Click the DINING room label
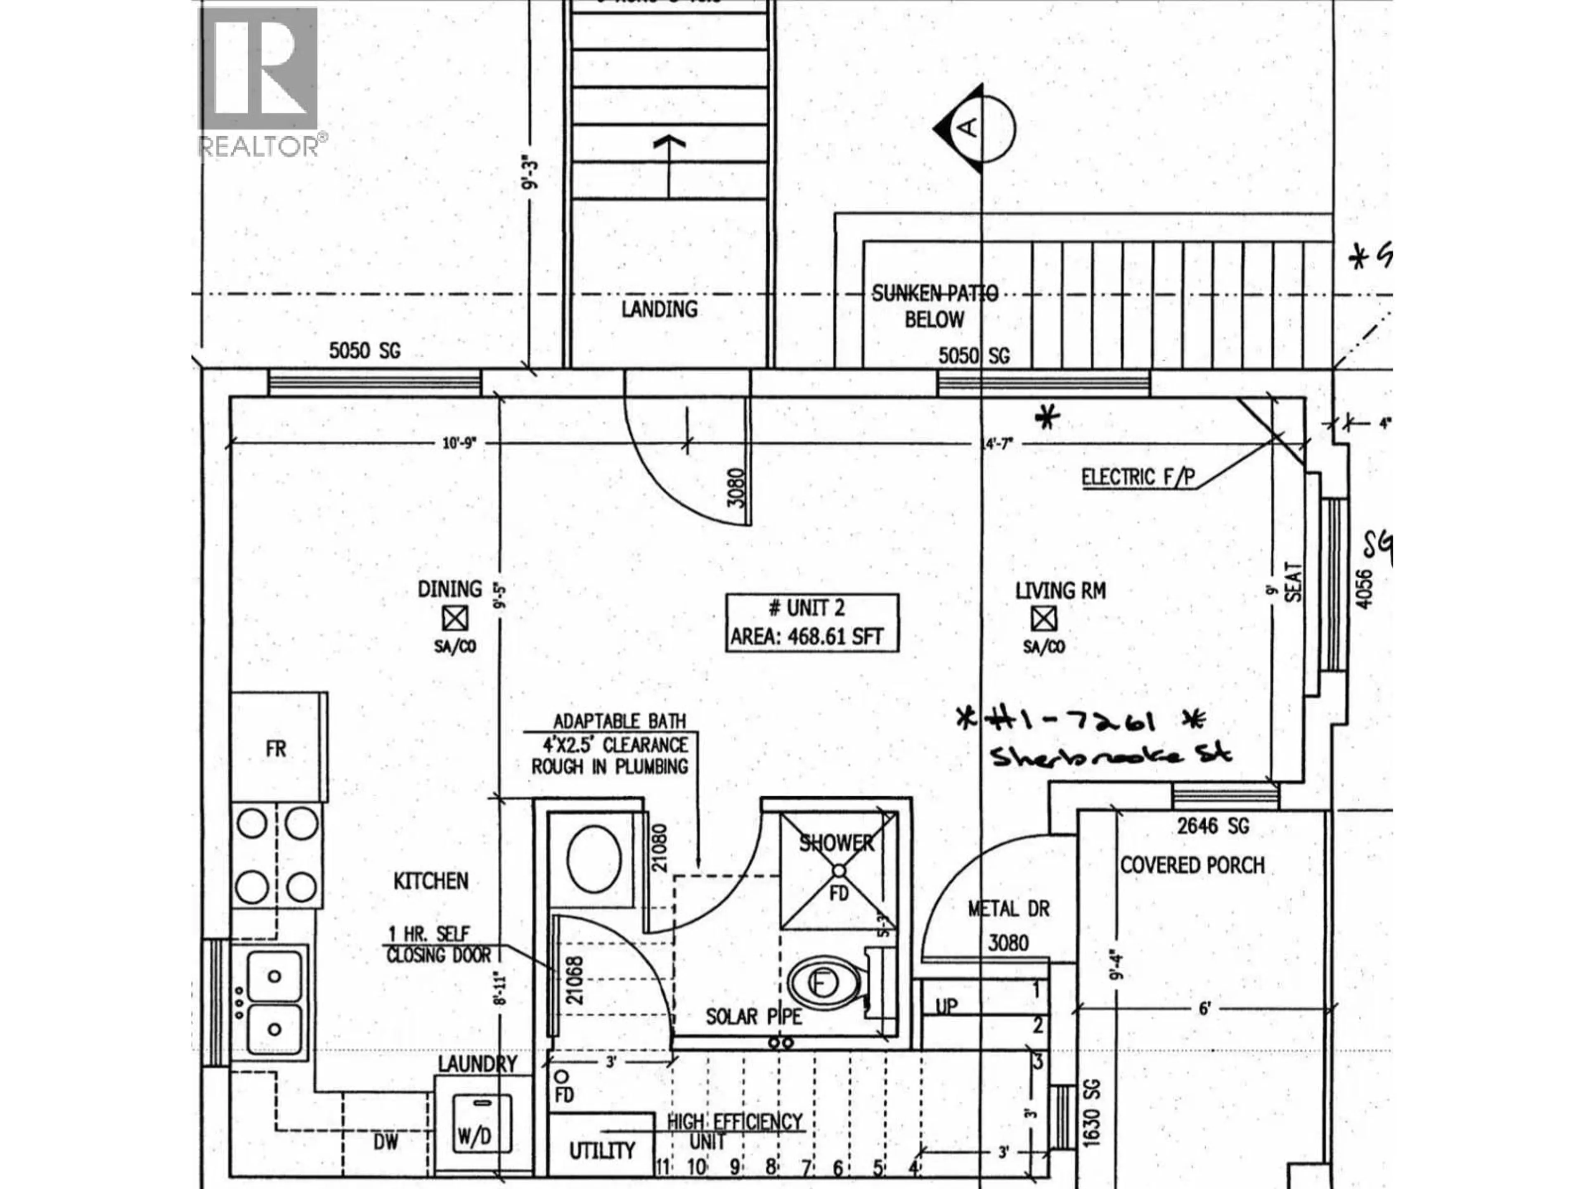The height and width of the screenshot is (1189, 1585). click(450, 589)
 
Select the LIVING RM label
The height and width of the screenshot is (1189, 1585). click(1060, 591)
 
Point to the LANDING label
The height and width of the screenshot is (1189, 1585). click(659, 310)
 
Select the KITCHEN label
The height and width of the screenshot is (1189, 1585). click(431, 881)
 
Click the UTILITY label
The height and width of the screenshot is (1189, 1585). click(602, 1151)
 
